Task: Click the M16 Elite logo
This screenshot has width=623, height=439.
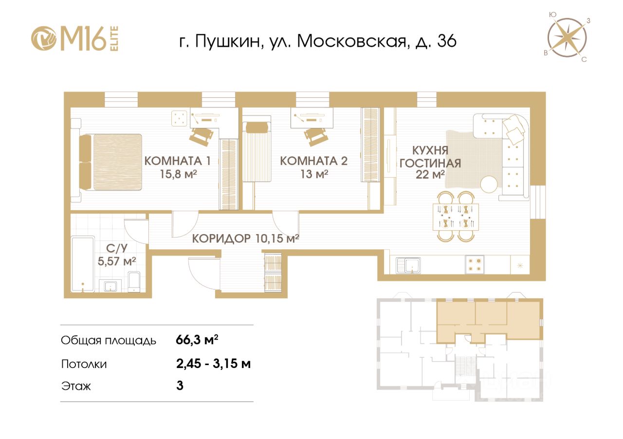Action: tap(75, 38)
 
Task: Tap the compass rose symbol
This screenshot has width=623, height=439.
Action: tap(568, 37)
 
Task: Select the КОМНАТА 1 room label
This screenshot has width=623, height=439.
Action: tap(178, 161)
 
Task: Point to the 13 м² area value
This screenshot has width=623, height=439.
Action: tap(314, 174)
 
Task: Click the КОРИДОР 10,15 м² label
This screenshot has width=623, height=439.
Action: tap(246, 238)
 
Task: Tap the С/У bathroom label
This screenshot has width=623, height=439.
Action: tap(117, 248)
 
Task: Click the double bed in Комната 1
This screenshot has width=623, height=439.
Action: tap(110, 162)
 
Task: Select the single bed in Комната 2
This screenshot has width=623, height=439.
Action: tap(257, 152)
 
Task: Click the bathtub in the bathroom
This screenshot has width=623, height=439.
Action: tap(83, 264)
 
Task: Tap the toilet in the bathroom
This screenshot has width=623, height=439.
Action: tap(135, 281)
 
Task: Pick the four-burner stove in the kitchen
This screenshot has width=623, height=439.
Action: tap(475, 265)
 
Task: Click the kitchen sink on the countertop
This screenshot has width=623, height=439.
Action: tap(408, 265)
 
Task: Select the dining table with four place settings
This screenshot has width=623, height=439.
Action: tap(456, 217)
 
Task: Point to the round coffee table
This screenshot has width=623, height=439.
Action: tap(490, 184)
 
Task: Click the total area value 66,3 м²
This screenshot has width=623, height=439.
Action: tap(197, 340)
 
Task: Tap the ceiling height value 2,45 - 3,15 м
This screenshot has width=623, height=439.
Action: tap(213, 364)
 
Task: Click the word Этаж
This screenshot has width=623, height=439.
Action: tap(76, 386)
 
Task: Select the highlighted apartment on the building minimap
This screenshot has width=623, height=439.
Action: tap(489, 320)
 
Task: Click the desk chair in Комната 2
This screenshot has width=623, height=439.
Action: tap(316, 136)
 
